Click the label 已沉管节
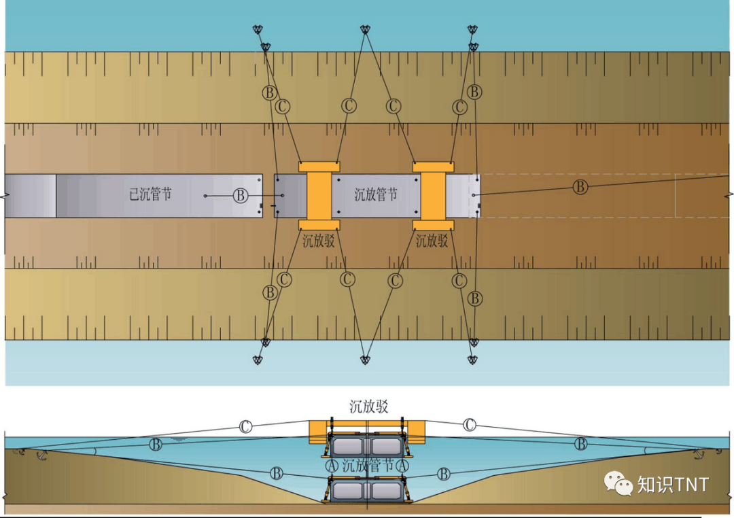pyautogui.click(x=150, y=194)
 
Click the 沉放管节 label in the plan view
pyautogui.click(x=376, y=194)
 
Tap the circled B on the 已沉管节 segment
pyautogui.click(x=241, y=196)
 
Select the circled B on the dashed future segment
pyautogui.click(x=580, y=186)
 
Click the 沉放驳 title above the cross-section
pyautogui.click(x=368, y=407)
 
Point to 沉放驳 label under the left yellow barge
pyautogui.click(x=318, y=240)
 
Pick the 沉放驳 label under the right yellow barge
pyautogui.click(x=432, y=240)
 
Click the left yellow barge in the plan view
pyautogui.click(x=319, y=196)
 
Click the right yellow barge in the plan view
pyautogui.click(x=433, y=196)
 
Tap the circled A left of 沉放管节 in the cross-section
pyautogui.click(x=332, y=466)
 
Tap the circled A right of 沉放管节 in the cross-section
pyautogui.click(x=402, y=466)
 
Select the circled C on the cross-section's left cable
pyautogui.click(x=245, y=427)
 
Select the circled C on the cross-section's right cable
pyautogui.click(x=470, y=425)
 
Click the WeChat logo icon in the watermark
pyautogui.click(x=619, y=483)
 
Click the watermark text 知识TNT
pyautogui.click(x=673, y=484)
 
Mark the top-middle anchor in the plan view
pyautogui.click(x=365, y=30)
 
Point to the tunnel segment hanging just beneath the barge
pyautogui.click(x=367, y=446)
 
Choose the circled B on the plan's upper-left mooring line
pyautogui.click(x=270, y=92)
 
